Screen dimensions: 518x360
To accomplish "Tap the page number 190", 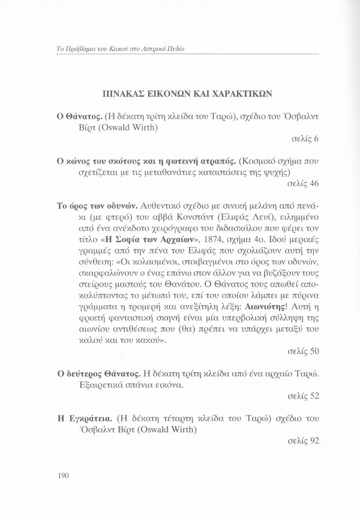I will (59, 475).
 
